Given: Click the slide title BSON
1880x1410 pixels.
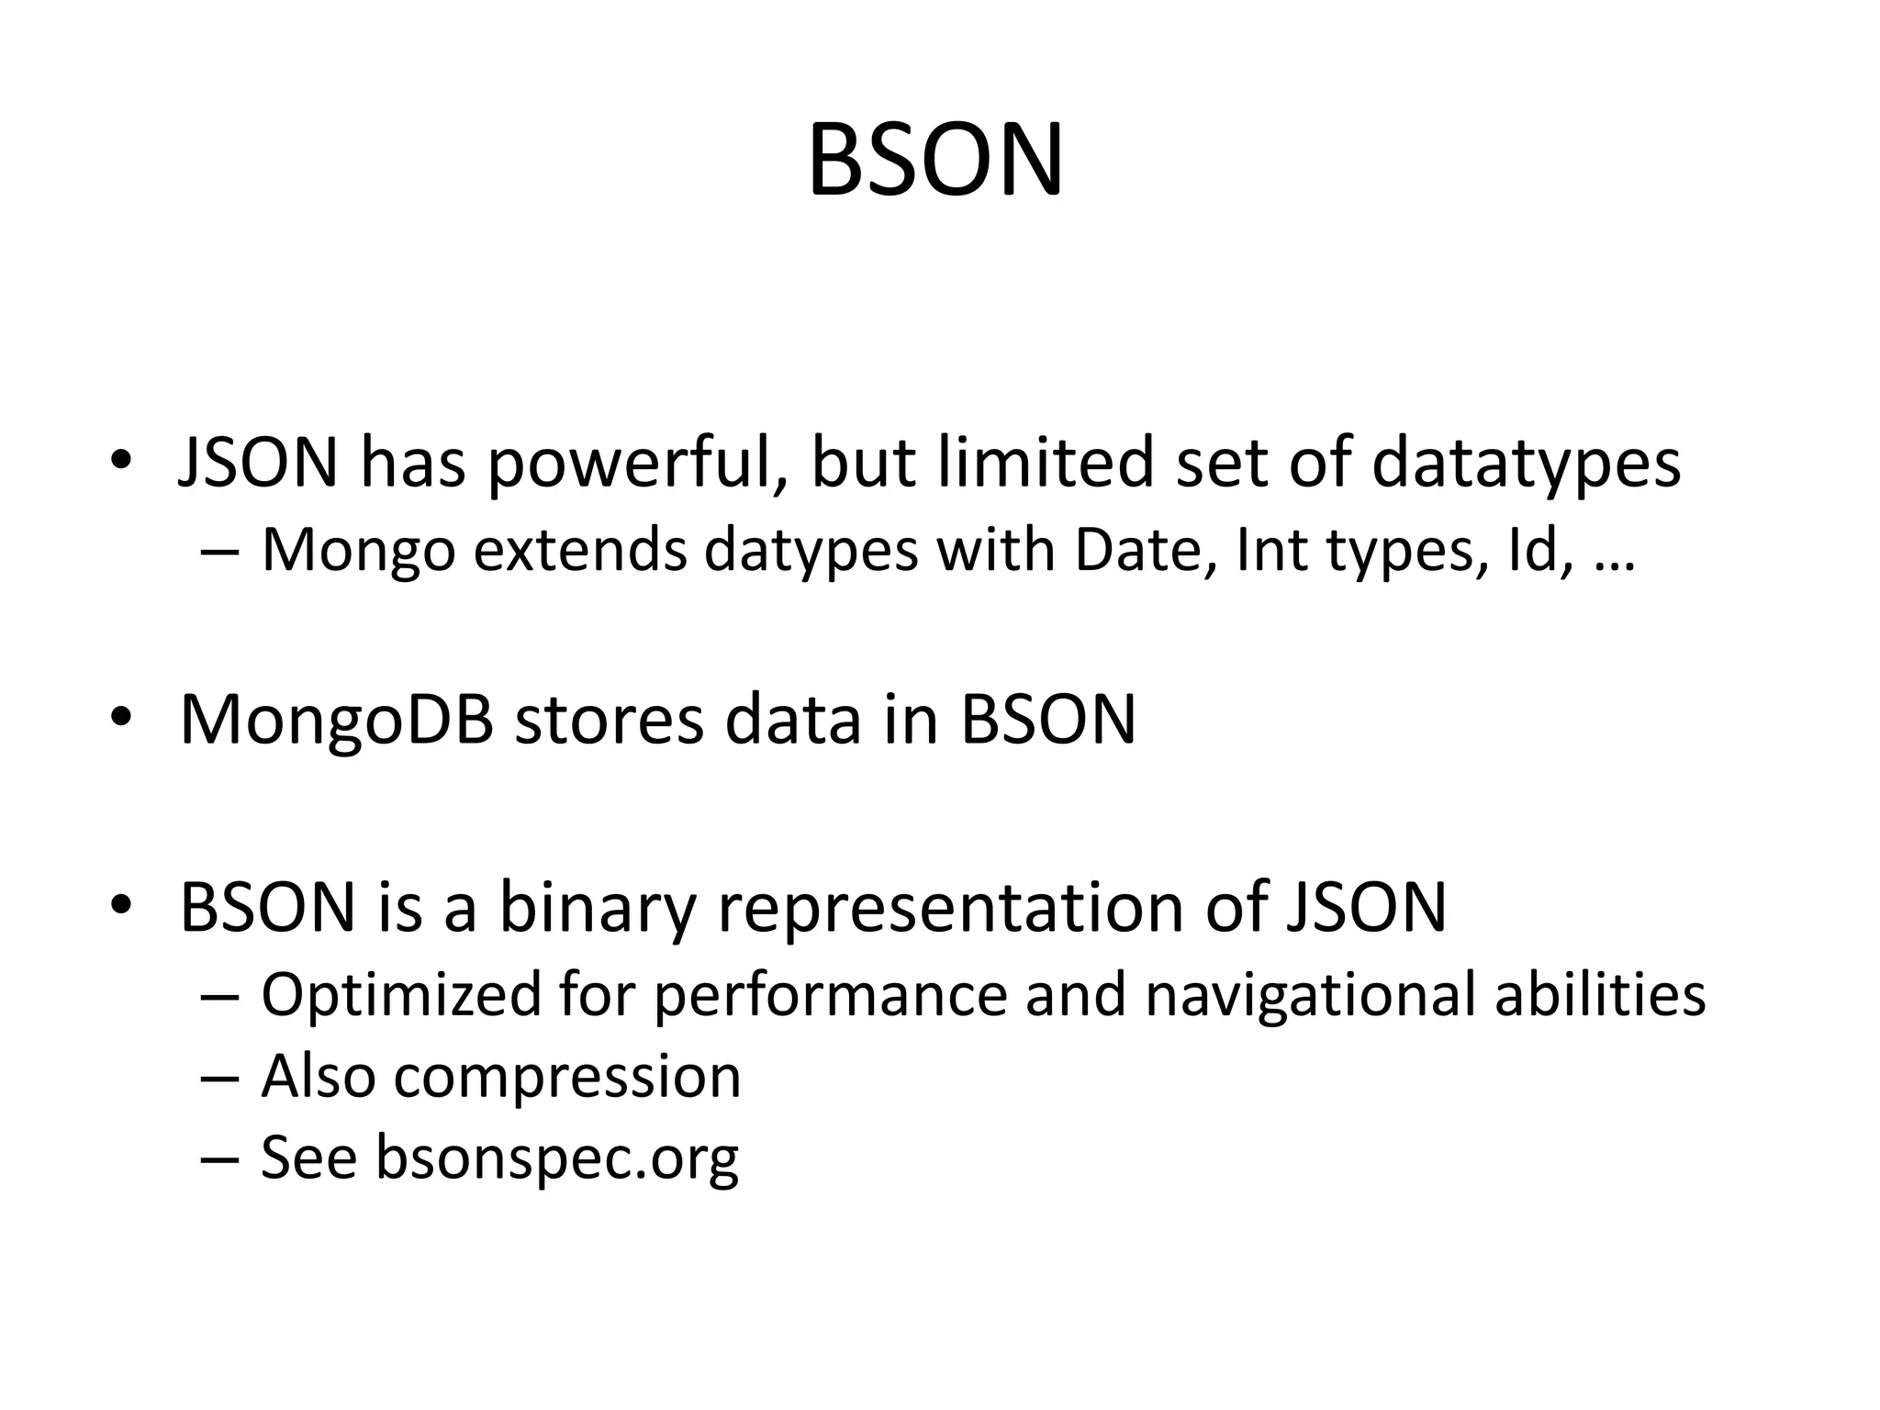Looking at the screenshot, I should point(935,162).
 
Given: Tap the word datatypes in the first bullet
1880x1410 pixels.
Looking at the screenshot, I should point(1526,464).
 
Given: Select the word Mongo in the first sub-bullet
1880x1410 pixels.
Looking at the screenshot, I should point(358,551).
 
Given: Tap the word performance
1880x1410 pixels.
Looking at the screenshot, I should point(830,995).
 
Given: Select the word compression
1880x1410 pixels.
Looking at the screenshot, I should point(566,1078).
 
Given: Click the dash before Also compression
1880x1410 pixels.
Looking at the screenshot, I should point(218,1078).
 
